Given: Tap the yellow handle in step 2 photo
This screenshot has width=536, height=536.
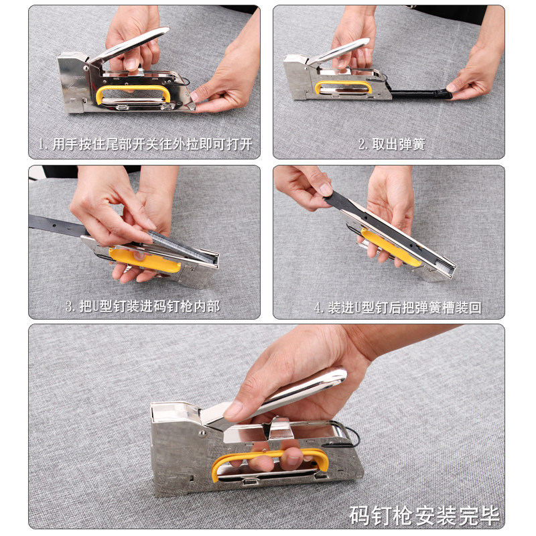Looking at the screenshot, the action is point(343,83).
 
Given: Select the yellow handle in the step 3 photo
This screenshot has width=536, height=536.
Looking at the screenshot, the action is point(145,261).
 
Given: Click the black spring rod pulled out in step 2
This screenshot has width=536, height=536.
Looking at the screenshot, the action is point(421,94).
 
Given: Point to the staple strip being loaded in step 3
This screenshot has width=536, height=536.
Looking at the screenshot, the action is point(181,246).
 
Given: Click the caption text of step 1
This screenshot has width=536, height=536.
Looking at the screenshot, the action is point(145,144).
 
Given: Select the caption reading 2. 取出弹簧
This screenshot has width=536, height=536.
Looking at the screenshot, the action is point(392,144).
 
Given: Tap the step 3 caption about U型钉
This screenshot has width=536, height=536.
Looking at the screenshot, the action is point(143,307).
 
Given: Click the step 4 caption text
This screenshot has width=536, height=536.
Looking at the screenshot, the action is point(398,308).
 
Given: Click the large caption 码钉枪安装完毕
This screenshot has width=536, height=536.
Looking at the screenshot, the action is point(424,515).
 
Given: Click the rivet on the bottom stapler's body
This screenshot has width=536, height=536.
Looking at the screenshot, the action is point(202,433).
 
